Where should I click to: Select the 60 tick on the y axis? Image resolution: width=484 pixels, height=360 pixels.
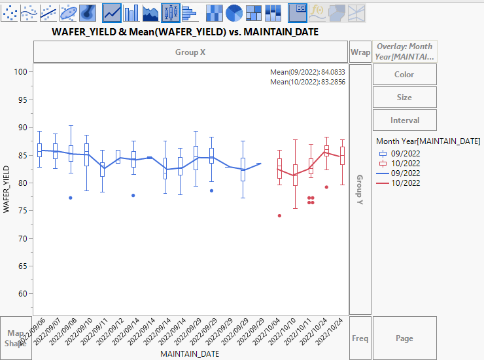24,293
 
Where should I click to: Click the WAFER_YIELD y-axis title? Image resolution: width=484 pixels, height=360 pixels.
7,189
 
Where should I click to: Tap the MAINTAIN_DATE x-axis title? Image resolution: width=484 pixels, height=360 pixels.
190,354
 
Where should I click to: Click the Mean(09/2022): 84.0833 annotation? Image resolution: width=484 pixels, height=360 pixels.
307,72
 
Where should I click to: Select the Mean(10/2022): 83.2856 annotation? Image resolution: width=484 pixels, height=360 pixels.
307,82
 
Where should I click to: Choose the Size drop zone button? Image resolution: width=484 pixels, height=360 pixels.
404,98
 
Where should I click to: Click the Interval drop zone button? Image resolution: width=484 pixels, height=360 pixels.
404,120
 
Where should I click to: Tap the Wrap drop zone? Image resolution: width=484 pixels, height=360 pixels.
360,52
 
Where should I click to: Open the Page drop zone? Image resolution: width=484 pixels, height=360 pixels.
404,338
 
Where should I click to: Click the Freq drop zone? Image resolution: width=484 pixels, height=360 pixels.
360,338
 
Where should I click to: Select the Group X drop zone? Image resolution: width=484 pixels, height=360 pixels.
190,52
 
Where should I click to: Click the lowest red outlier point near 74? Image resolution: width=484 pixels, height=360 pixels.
279,215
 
